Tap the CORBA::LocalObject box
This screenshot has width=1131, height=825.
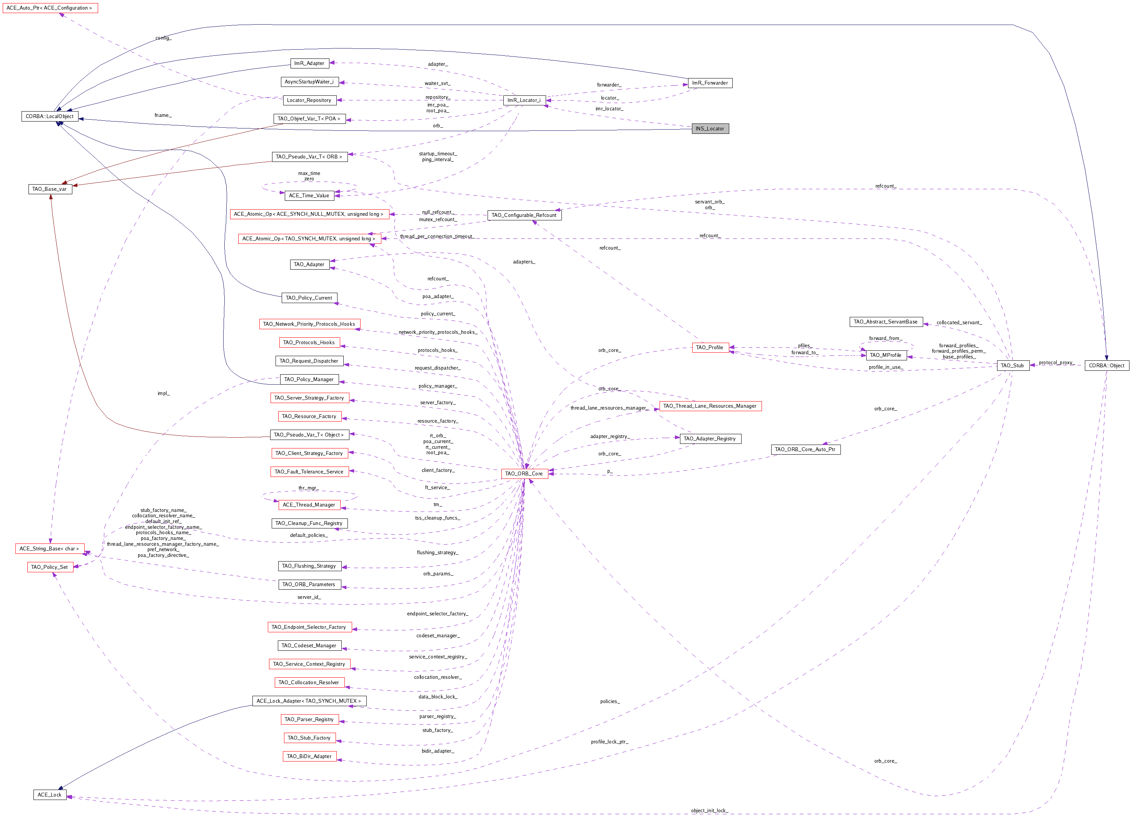click(50, 117)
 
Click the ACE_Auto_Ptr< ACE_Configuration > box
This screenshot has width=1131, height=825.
click(50, 8)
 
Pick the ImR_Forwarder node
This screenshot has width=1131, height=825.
click(710, 83)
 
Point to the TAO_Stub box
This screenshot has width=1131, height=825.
click(1012, 365)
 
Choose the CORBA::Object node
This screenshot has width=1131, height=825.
click(1106, 365)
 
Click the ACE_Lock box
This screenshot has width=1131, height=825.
click(50, 795)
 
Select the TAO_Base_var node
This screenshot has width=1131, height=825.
click(50, 189)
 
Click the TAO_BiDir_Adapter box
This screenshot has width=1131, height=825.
click(309, 756)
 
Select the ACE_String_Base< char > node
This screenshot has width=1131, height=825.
click(50, 548)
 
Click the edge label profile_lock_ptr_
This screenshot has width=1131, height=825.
click(610, 742)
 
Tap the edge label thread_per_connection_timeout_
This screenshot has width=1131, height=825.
click(437, 236)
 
